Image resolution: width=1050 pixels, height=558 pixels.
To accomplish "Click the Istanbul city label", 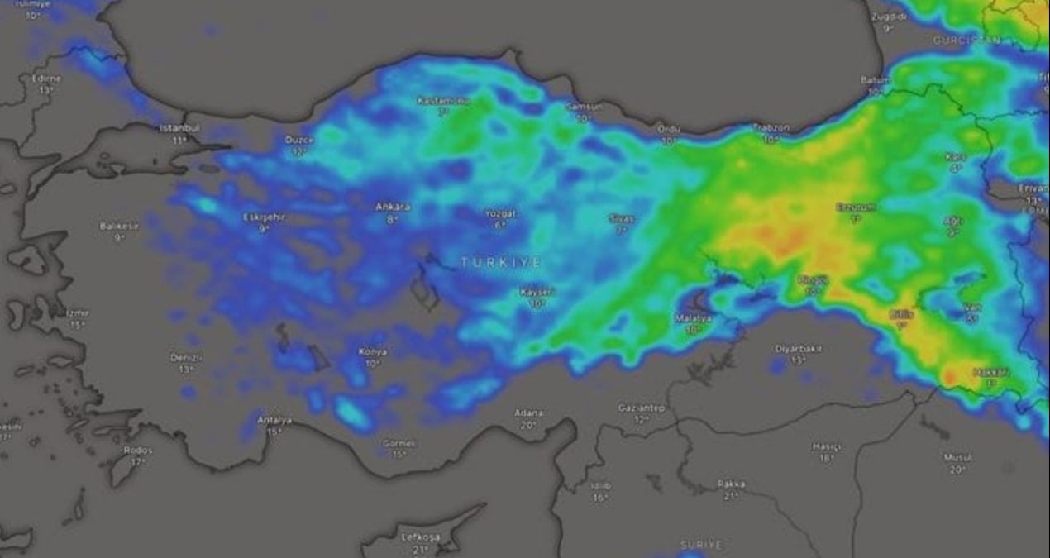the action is click(x=179, y=128).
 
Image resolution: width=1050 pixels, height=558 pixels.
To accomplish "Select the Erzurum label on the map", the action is click(x=855, y=207).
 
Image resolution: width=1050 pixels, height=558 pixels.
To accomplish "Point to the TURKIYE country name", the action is click(x=502, y=262).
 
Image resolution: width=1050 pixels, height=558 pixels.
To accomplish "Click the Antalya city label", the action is click(x=274, y=420).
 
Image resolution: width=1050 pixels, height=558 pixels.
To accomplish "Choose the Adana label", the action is click(x=528, y=413).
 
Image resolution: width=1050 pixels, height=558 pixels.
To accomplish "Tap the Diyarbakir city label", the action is click(x=798, y=349).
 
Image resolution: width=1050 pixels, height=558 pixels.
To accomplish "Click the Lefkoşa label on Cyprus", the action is click(x=421, y=537).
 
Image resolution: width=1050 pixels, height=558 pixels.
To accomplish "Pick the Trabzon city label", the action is click(x=771, y=128).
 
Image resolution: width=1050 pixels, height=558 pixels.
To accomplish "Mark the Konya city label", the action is click(x=373, y=352).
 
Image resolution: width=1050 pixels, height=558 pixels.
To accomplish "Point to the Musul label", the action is click(x=957, y=457).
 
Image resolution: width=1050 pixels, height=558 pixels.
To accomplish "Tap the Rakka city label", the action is click(x=731, y=484).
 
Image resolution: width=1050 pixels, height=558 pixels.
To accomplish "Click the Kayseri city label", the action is click(x=537, y=293).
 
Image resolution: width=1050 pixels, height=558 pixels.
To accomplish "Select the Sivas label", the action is click(x=621, y=219).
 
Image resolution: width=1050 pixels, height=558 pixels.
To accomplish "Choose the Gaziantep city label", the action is click(x=642, y=408).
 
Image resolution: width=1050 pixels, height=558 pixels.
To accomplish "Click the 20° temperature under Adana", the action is click(x=528, y=425).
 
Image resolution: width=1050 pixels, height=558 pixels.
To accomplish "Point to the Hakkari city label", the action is click(x=991, y=373).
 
